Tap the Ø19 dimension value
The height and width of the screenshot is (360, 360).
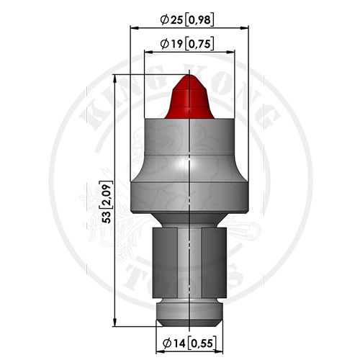click(172, 44)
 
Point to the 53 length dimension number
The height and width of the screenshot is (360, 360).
click(106, 217)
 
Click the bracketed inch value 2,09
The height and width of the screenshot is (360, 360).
click(107, 195)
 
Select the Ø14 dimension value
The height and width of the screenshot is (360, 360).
click(174, 343)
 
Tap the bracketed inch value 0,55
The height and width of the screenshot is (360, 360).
click(201, 343)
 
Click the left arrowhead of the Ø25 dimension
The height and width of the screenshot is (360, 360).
click(135, 28)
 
